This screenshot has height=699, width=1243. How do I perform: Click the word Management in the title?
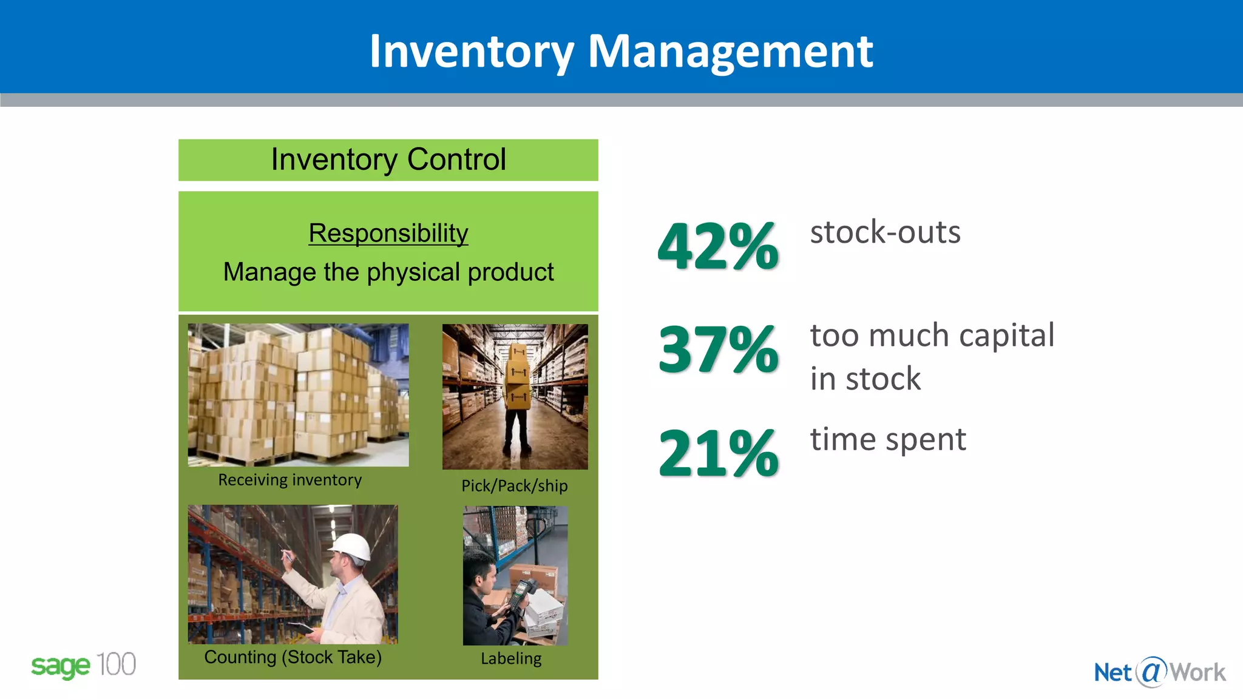pyautogui.click(x=730, y=52)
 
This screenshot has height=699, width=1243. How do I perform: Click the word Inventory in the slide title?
pyautogui.click(x=472, y=52)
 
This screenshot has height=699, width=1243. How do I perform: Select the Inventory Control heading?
pyautogui.click(x=388, y=160)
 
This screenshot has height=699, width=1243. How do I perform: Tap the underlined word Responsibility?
pyautogui.click(x=388, y=234)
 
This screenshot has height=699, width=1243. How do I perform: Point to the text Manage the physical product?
pyautogui.click(x=388, y=272)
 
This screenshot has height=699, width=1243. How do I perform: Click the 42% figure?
pyautogui.click(x=718, y=246)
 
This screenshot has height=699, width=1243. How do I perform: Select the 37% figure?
pyautogui.click(x=718, y=350)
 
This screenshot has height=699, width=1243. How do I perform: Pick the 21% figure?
pyautogui.click(x=718, y=453)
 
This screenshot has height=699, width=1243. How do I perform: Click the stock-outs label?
pyautogui.click(x=885, y=232)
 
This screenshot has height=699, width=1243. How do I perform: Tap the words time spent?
pyautogui.click(x=887, y=439)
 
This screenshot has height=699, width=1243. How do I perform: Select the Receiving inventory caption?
pyautogui.click(x=290, y=480)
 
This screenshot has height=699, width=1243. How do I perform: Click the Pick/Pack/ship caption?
pyautogui.click(x=514, y=486)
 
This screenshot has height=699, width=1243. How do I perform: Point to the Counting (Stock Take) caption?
pyautogui.click(x=293, y=657)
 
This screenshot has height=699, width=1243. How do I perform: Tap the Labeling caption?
pyautogui.click(x=511, y=658)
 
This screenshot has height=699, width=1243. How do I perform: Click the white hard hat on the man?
pyautogui.click(x=351, y=546)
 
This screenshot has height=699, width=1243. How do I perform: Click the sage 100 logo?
pyautogui.click(x=83, y=666)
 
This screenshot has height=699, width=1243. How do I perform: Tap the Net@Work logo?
pyautogui.click(x=1159, y=672)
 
